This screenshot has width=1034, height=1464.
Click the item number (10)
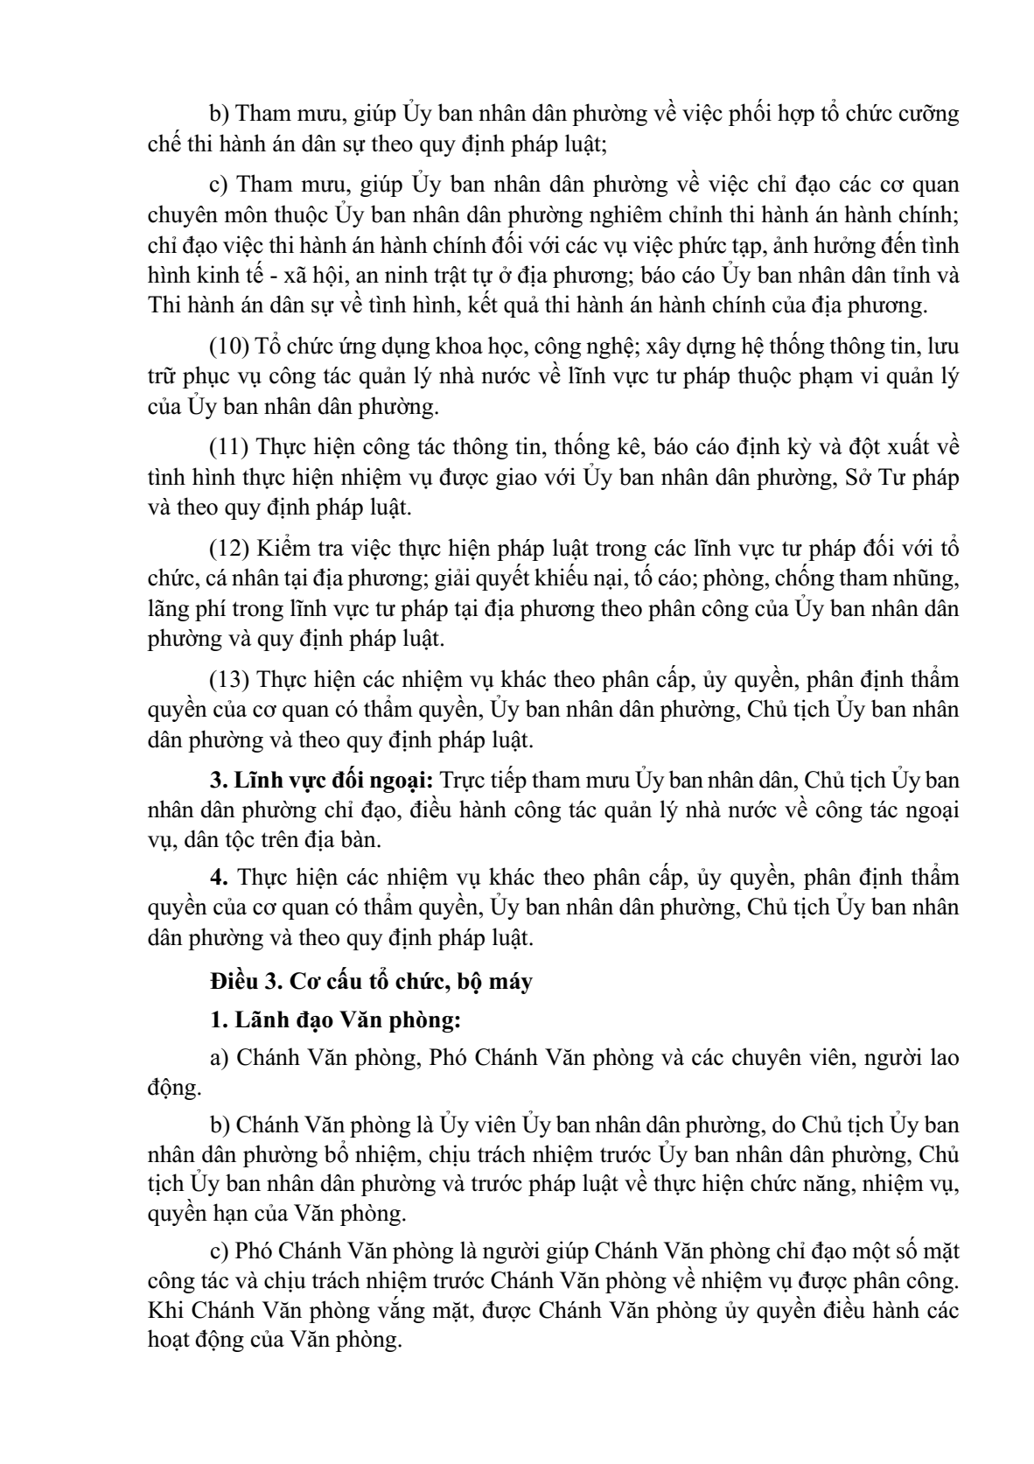pyautogui.click(x=229, y=347)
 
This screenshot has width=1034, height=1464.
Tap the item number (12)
pyautogui.click(x=229, y=548)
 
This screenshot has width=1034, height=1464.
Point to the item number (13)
pyautogui.click(x=229, y=679)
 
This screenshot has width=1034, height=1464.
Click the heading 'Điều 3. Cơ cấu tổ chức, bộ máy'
pyautogui.click(x=371, y=982)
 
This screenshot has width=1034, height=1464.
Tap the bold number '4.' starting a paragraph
pyautogui.click(x=220, y=878)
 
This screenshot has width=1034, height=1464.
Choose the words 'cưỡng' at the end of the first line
pyautogui.click(x=931, y=114)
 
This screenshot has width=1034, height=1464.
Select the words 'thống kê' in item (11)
pyautogui.click(x=605, y=446)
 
